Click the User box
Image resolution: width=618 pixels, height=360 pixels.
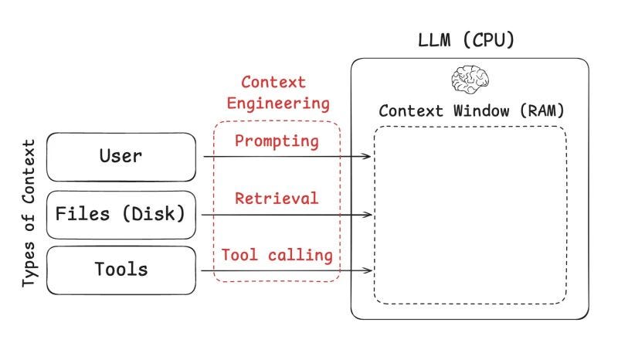[121, 157]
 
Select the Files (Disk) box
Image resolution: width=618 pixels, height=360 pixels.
[121, 214]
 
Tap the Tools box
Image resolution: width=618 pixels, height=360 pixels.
[121, 270]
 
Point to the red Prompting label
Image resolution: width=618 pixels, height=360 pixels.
[277, 141]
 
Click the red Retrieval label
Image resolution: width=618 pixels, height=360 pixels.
[277, 198]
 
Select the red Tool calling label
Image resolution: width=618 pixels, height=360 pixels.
[277, 254]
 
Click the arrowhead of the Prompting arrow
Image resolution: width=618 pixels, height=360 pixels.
[368, 157]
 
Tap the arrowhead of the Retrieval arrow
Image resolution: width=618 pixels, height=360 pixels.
[368, 215]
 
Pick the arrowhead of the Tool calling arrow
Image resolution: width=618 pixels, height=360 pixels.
[368, 271]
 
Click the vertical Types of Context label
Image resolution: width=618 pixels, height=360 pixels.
[29, 214]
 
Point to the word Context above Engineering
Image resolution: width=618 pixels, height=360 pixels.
[273, 82]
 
